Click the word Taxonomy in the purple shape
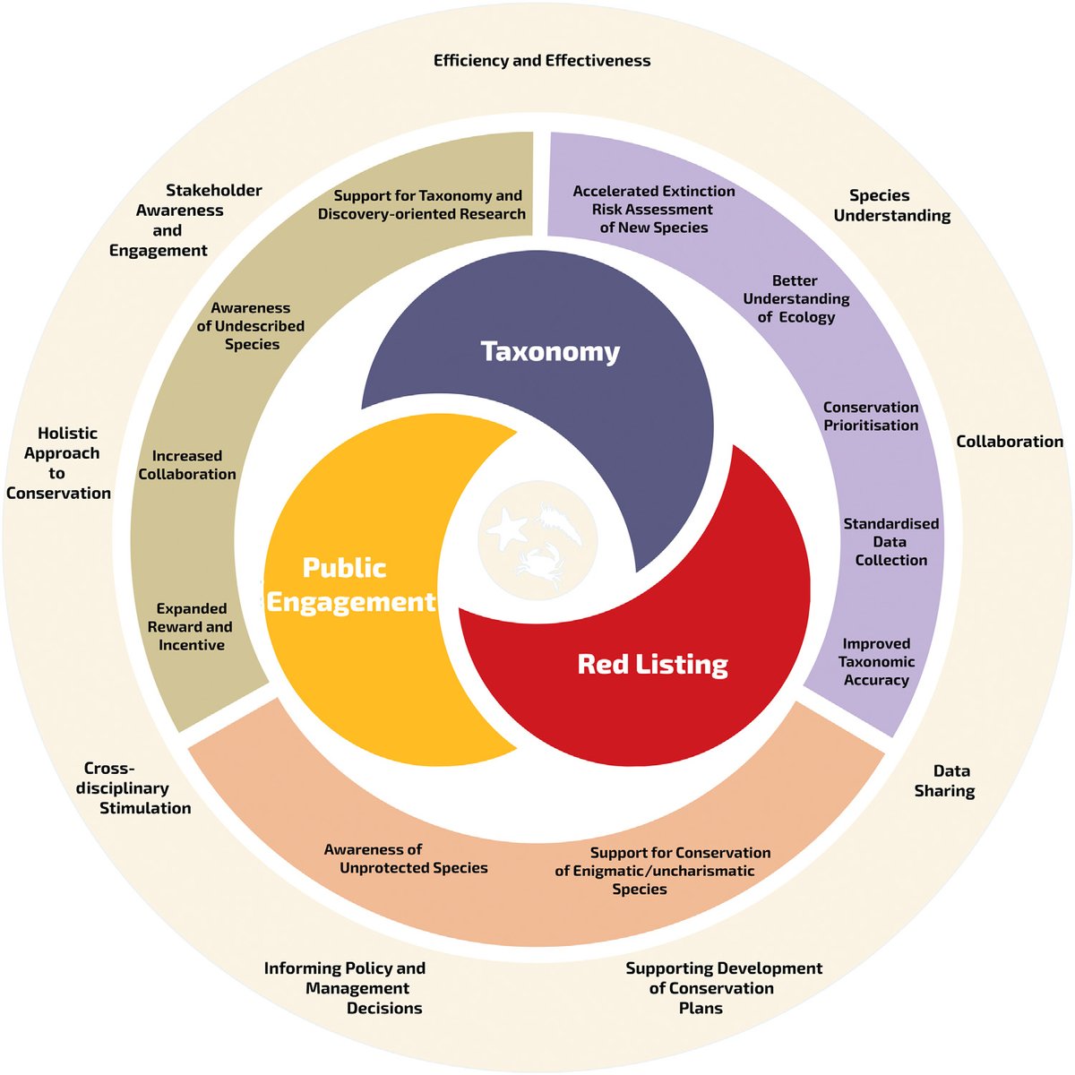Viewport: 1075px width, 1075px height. click(x=550, y=351)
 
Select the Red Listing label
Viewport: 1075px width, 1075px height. click(x=652, y=664)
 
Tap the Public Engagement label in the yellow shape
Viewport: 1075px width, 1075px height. click(x=350, y=585)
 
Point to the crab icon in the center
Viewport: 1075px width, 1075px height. click(x=537, y=566)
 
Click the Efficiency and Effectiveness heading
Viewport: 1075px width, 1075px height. click(x=542, y=61)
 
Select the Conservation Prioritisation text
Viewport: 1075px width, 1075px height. click(x=871, y=417)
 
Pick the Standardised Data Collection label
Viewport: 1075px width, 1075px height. click(x=890, y=542)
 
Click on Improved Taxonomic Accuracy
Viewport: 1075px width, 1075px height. click(x=876, y=662)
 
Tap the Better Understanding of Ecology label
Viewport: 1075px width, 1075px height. click(x=795, y=299)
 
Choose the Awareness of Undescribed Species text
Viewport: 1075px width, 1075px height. click(x=251, y=326)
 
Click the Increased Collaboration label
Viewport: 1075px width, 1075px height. click(x=187, y=465)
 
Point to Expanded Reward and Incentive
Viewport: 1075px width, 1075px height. click(x=191, y=627)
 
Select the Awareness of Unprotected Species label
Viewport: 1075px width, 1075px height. click(x=406, y=859)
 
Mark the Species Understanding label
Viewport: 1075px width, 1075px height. click(x=891, y=205)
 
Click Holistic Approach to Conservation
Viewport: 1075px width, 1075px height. click(x=59, y=463)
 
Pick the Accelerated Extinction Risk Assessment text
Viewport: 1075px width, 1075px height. click(x=654, y=210)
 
